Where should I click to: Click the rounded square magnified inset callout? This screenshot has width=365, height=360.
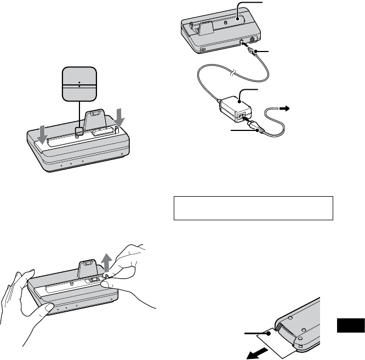click(x=80, y=84)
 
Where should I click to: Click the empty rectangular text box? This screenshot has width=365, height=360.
click(x=253, y=208)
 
